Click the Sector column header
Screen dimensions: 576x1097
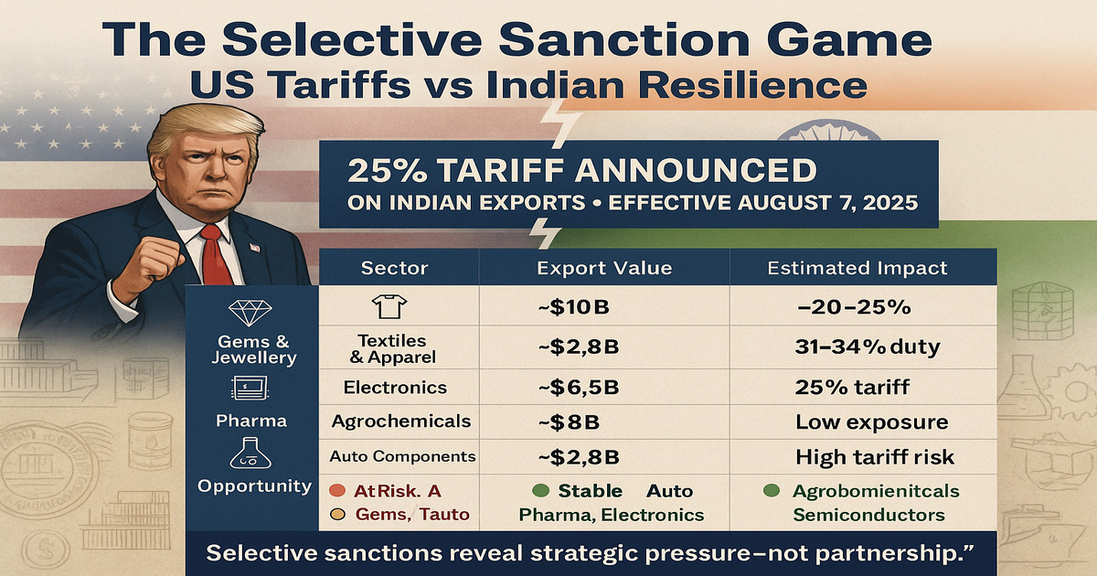pos(395,268)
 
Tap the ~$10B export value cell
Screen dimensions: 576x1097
pos(572,307)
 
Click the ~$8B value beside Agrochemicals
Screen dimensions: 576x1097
pos(566,422)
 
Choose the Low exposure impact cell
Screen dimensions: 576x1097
pos(871,422)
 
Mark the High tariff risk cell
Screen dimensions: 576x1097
pos(875,456)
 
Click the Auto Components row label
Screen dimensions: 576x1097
pos(402,456)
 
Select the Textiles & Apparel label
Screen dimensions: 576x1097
pos(396,348)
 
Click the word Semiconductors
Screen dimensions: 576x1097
pos(868,515)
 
